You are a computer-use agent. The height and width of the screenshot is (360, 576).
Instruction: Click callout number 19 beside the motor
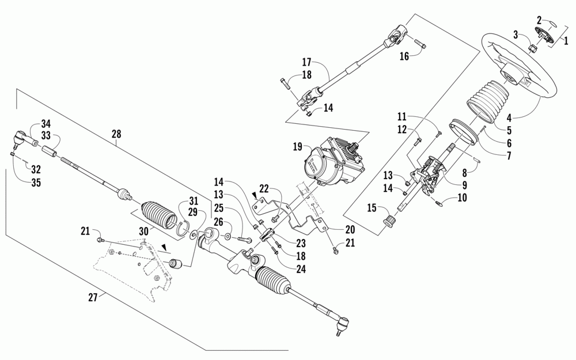coord(297,147)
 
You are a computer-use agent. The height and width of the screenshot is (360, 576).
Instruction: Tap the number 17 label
coord(306,62)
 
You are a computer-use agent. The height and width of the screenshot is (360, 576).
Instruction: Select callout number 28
coord(117,134)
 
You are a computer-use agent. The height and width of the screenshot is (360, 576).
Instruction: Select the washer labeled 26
coord(229,236)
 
